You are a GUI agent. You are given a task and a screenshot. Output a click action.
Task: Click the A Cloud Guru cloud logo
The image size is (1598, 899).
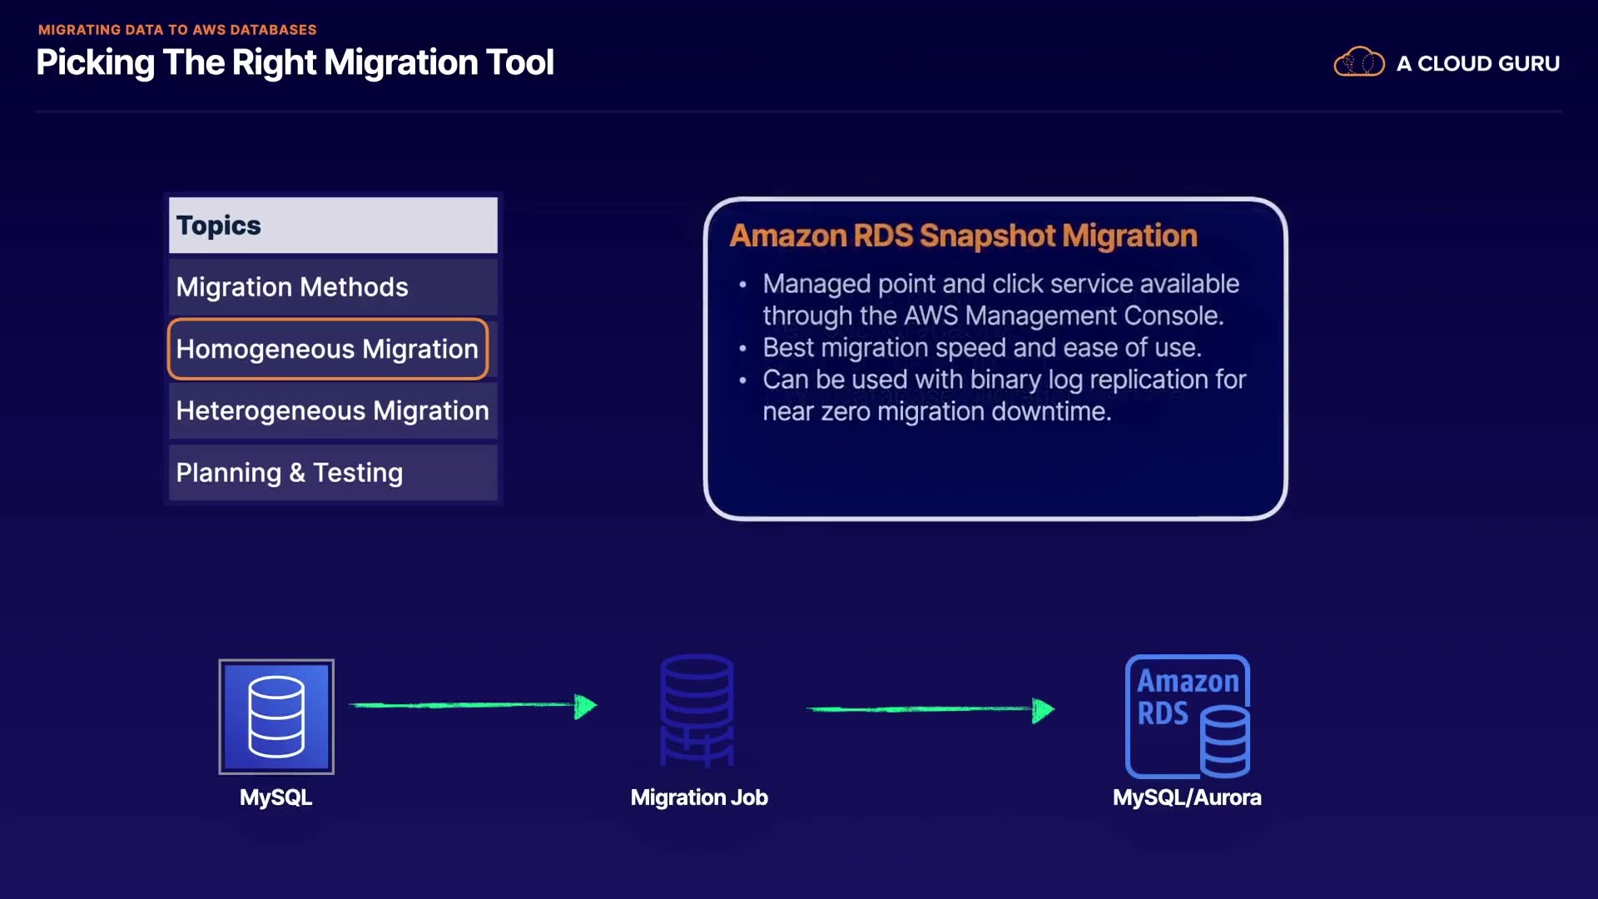coord(1358,62)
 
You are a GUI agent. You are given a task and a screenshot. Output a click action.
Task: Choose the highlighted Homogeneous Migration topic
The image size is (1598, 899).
coord(328,349)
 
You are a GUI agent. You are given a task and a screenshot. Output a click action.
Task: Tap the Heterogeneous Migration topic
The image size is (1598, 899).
coord(333,410)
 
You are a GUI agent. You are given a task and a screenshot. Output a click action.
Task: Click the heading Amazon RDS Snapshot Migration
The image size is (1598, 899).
coord(963,236)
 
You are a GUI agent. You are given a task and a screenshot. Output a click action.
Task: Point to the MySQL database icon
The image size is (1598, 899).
coord(276,717)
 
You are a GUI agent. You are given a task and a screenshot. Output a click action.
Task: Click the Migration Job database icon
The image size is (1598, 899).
coord(697,710)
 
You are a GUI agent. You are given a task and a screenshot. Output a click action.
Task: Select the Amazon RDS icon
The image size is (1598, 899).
coord(1188,717)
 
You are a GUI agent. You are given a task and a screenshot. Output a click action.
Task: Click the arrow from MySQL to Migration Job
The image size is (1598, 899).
coord(473,706)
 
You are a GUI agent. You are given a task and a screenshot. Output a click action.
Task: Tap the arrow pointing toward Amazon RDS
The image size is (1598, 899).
coord(930,709)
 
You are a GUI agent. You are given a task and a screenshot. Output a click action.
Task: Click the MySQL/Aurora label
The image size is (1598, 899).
coord(1187,797)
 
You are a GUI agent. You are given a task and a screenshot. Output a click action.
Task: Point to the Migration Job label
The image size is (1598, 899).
coord(699,797)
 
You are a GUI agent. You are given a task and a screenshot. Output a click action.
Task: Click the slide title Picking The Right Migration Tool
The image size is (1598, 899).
coord(295,63)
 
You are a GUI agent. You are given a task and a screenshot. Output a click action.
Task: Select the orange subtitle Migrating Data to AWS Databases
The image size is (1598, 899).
coord(177,30)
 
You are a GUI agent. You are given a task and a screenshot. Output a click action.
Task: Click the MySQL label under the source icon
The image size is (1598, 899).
coord(275,797)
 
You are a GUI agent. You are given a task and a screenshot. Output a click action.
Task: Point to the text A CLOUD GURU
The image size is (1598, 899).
coord(1477,64)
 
